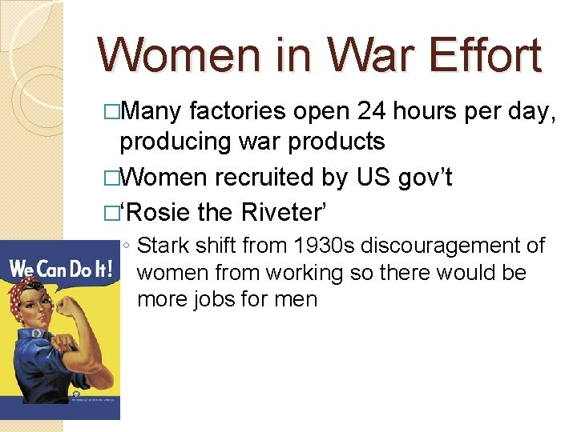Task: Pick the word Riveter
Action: (x=281, y=212)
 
